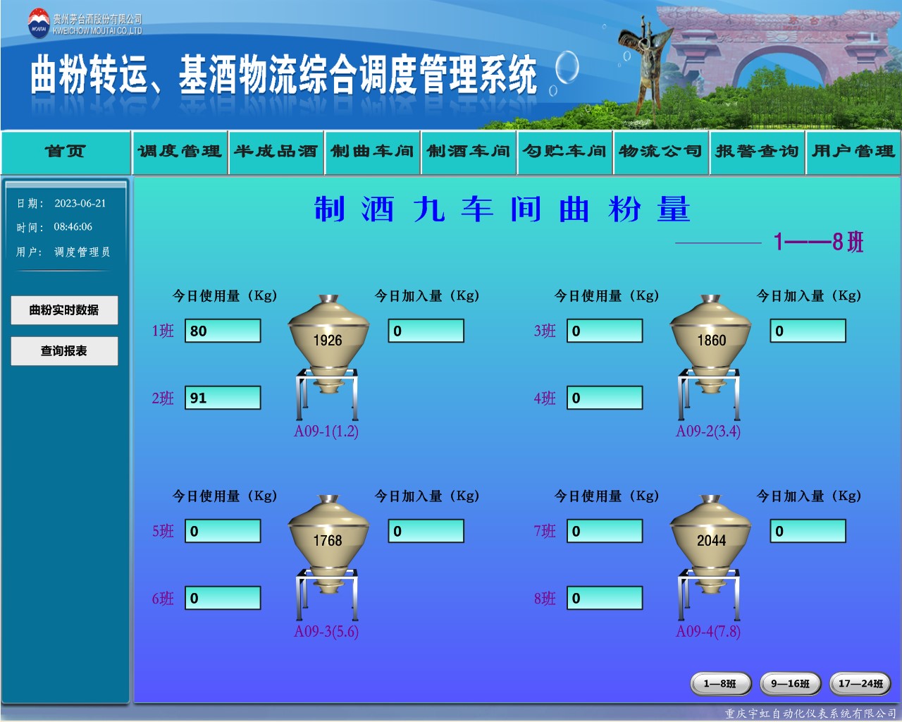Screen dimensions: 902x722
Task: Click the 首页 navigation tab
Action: click(66, 152)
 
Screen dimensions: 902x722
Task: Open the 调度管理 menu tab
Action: click(180, 152)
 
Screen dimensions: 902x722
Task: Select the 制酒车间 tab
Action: click(469, 152)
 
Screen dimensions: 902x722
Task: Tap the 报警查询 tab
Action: click(757, 152)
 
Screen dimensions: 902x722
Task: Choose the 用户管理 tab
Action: click(853, 152)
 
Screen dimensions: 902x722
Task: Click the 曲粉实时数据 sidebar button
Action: click(64, 310)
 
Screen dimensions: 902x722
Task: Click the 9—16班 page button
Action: click(790, 684)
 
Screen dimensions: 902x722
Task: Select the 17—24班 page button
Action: click(860, 684)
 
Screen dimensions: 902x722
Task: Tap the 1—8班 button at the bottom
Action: click(720, 684)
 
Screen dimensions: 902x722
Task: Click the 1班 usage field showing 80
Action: click(223, 331)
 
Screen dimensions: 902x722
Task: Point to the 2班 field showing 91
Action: click(223, 398)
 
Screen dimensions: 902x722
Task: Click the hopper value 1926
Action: click(328, 341)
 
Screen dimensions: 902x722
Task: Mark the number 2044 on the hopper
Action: click(711, 540)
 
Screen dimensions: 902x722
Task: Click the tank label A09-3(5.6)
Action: click(326, 631)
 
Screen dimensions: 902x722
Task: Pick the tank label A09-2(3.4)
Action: click(708, 432)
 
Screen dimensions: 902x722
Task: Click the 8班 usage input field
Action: click(605, 598)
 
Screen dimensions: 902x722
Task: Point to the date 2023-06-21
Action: click(80, 204)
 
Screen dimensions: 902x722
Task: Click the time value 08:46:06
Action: click(73, 227)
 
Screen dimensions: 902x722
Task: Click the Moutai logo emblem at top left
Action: click(39, 23)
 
